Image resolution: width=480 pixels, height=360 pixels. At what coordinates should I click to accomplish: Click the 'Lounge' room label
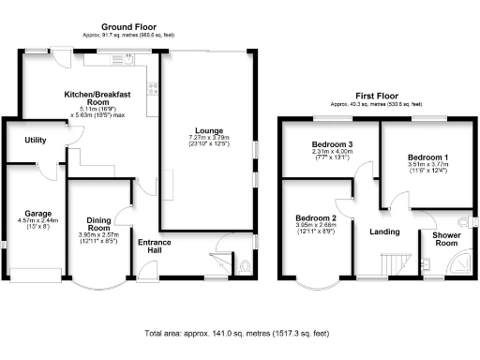[207, 129]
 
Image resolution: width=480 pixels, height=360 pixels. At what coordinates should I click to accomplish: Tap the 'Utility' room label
[36, 140]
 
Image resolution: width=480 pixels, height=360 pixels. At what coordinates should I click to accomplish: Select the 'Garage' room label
[37, 214]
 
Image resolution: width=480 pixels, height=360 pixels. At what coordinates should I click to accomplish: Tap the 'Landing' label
[384, 232]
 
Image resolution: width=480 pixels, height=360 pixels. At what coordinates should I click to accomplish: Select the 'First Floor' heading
[380, 96]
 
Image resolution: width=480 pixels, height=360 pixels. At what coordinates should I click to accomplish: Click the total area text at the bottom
[239, 334]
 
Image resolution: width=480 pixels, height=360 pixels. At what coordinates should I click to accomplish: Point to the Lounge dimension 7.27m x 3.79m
[207, 139]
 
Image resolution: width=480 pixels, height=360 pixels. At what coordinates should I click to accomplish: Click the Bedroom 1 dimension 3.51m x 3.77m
[426, 166]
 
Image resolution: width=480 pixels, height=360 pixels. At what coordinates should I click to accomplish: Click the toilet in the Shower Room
[472, 221]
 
